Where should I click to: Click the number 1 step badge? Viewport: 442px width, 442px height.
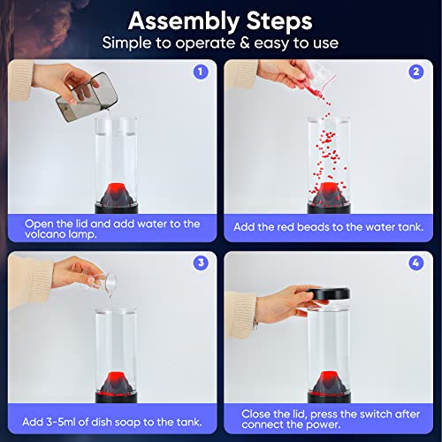(x=201, y=72)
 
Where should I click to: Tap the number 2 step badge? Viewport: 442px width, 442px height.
(x=416, y=72)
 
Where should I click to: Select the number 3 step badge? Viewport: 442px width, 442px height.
(x=201, y=263)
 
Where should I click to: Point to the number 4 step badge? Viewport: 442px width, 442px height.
(x=416, y=263)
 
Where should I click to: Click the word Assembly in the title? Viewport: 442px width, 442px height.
(x=184, y=22)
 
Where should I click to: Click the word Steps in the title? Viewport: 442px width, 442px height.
(x=279, y=21)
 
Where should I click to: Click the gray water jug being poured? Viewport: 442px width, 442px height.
(x=87, y=97)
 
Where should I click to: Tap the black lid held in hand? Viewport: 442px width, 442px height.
(x=329, y=293)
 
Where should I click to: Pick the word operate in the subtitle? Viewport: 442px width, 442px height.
(x=205, y=43)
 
